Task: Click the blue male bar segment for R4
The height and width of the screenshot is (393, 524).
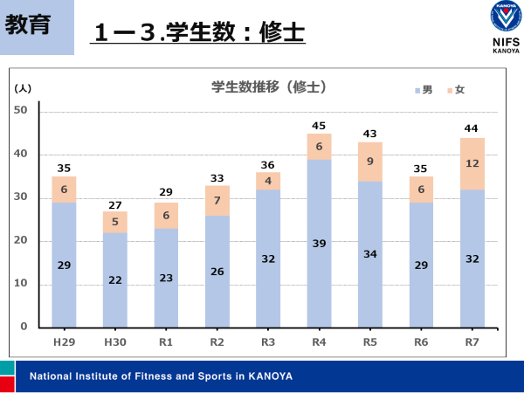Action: coord(319,243)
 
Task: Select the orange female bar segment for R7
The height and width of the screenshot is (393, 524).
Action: coord(472,163)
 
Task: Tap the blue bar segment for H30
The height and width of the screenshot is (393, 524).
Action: coord(114,279)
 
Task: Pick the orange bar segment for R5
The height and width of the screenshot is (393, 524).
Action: coord(369,162)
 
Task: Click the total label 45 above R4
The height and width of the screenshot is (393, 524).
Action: coord(319,125)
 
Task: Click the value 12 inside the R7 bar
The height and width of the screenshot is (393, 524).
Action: coord(472,162)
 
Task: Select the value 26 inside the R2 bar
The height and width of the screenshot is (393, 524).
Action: coord(217,272)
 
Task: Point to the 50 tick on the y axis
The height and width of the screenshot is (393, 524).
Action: coord(22,111)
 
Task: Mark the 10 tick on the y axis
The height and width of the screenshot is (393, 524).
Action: coord(22,284)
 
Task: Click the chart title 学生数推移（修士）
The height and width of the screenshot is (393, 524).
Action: coord(268,87)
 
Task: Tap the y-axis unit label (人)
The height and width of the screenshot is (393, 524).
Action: coord(23,88)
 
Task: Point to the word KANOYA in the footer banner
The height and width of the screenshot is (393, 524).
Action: coord(269,376)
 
